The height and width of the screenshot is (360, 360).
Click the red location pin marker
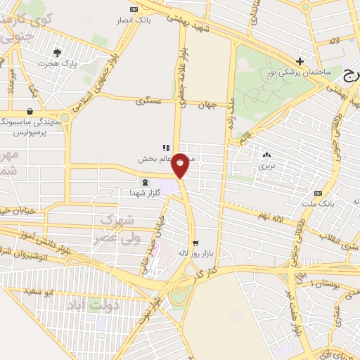point(181,165)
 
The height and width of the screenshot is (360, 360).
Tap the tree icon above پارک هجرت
point(57,52)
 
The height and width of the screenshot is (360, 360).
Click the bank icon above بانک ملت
point(319,193)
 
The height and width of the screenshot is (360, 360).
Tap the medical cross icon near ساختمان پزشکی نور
point(300,60)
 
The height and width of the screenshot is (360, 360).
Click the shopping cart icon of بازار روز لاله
point(195,242)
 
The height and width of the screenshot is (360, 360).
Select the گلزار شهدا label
point(146,192)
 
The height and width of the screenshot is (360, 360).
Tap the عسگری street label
point(148,101)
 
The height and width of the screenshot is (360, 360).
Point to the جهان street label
point(204,105)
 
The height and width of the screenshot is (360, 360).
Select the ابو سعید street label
point(37,290)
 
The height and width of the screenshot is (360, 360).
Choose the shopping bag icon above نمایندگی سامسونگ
point(29,111)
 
